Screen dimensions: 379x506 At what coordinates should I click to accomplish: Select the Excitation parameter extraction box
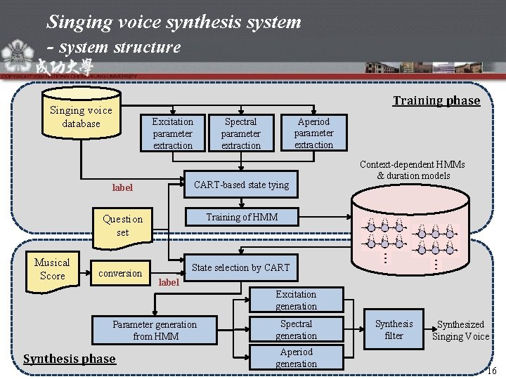(x=172, y=133)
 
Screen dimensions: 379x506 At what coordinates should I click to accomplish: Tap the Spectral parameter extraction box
(x=241, y=133)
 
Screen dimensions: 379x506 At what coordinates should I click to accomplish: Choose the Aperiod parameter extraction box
(x=313, y=133)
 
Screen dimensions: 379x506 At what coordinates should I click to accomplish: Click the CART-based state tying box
(x=241, y=185)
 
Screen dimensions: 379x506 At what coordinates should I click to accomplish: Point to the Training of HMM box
(x=241, y=217)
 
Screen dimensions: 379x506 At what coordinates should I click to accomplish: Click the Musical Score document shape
(x=52, y=270)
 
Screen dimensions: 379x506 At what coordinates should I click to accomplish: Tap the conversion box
(x=120, y=273)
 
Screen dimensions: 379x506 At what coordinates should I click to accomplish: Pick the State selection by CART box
(x=241, y=267)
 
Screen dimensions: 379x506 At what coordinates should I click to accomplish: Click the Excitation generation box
(x=296, y=300)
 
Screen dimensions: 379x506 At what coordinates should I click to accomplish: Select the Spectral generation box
(x=296, y=330)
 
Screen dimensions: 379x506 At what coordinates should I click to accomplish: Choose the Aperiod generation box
(x=296, y=358)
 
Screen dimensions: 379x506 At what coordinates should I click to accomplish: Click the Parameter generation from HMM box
(x=155, y=331)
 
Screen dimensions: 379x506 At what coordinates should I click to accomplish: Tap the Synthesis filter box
(x=394, y=330)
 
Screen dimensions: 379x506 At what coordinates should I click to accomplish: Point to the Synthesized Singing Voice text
(x=460, y=331)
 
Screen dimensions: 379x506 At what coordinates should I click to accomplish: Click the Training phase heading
(x=436, y=100)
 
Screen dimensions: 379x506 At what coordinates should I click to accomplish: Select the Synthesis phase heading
(x=69, y=359)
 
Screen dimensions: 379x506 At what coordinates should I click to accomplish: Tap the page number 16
(x=492, y=370)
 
